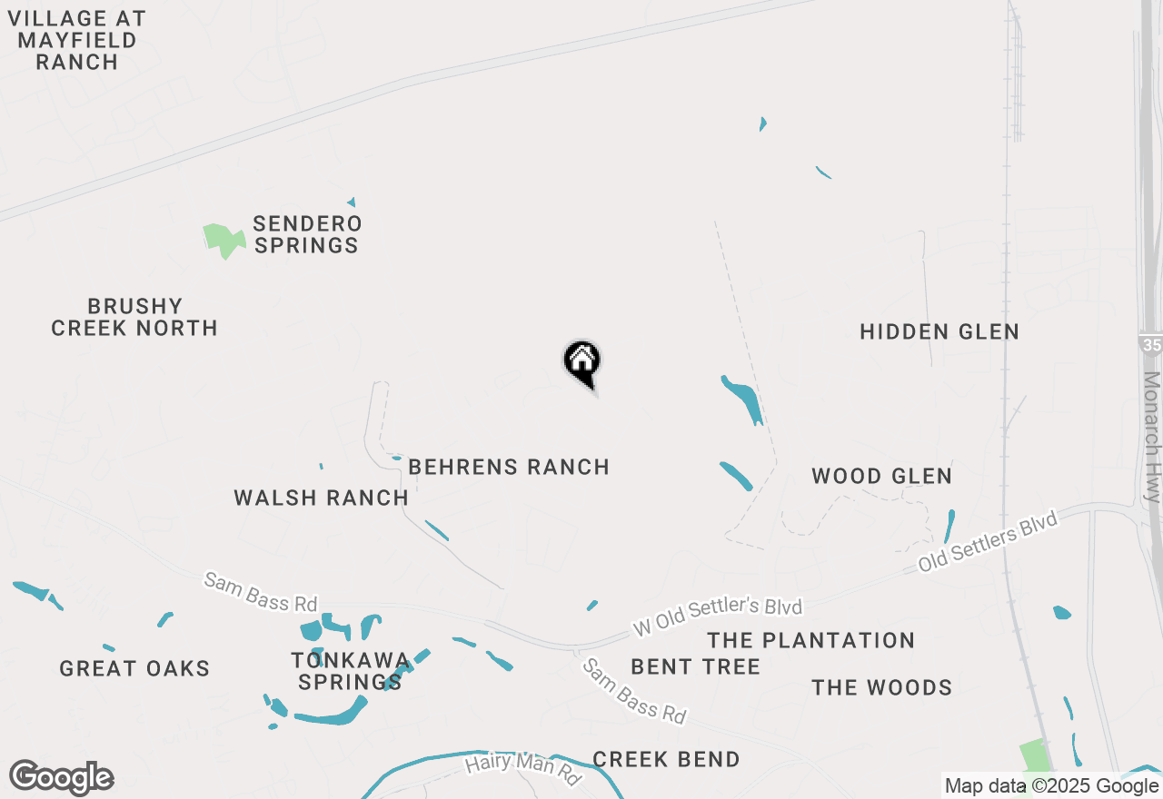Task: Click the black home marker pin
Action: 582,361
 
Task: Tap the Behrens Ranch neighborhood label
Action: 509,467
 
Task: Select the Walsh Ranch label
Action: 321,498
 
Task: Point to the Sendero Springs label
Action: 307,234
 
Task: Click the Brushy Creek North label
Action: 134,317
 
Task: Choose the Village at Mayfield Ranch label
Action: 76,40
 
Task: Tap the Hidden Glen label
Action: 939,332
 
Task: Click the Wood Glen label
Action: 881,476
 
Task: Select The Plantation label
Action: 811,640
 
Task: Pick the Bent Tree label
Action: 695,666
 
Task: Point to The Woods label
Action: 881,687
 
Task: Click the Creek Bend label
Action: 666,759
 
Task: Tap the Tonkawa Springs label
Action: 350,671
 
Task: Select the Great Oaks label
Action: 134,669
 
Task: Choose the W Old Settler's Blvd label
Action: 717,617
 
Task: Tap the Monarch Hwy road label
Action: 1152,437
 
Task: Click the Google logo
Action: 61,777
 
